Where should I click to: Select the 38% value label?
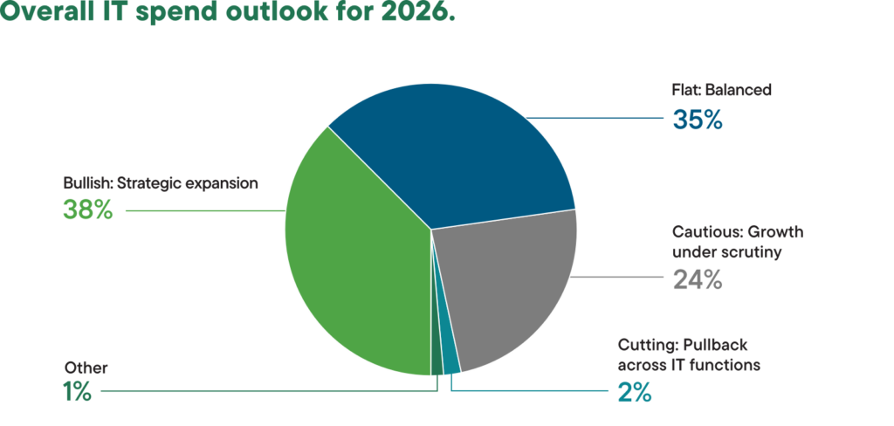coord(87,210)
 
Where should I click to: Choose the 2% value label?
coord(634,392)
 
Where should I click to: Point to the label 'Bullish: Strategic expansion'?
coord(161,183)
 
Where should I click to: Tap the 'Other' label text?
coord(86,368)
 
